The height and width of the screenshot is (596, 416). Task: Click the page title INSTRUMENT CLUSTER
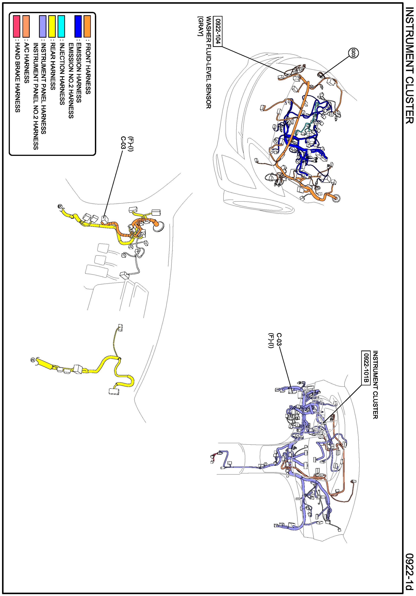click(409, 66)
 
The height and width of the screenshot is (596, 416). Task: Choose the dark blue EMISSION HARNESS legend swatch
click(78, 26)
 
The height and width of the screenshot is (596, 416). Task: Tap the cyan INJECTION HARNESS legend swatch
click(61, 26)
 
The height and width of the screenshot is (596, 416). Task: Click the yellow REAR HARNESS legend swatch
click(52, 26)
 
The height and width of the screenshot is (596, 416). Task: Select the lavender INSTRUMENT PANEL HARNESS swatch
click(43, 26)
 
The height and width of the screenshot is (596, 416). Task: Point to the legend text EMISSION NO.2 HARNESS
click(71, 81)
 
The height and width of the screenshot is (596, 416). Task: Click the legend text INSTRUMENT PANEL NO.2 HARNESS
click(36, 96)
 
